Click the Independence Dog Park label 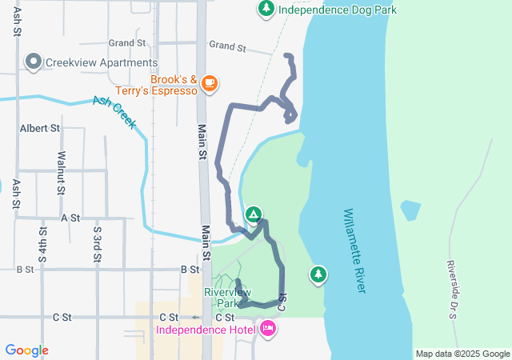point(337,10)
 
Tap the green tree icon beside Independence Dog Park point(266,9)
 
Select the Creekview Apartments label point(102,62)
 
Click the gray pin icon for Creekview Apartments point(34,62)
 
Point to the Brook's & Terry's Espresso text point(173,86)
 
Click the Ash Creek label point(114,112)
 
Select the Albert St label point(40,128)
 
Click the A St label point(70,218)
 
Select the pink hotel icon point(267,328)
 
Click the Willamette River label point(354,250)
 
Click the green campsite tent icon point(253,214)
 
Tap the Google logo point(27,350)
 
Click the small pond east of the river point(410,210)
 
